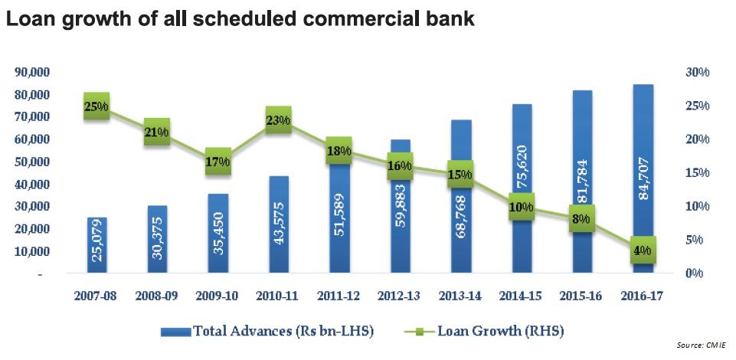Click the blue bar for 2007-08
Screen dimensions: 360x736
(96, 245)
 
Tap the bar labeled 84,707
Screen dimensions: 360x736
(644, 176)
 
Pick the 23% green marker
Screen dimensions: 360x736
(278, 119)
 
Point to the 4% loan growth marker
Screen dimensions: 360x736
(643, 250)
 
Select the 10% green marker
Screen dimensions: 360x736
(522, 207)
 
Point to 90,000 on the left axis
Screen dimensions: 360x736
(32, 72)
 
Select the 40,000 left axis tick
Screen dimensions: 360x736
(32, 185)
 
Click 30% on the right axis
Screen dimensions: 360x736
(698, 72)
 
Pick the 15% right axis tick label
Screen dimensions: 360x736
(698, 173)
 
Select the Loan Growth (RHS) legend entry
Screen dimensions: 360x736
(490, 332)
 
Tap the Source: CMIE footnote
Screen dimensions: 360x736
(700, 346)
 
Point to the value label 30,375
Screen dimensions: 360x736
(158, 244)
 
